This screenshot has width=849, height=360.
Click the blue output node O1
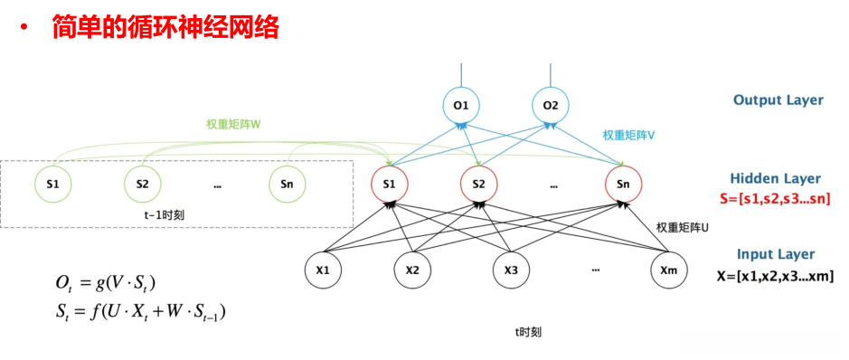coord(462,106)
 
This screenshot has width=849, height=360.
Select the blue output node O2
coord(551,106)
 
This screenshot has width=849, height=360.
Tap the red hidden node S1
coord(390,184)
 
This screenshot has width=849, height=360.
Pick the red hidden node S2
coord(479,184)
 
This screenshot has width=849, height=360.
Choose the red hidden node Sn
coord(624,184)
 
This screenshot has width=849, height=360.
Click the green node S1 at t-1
coord(52,184)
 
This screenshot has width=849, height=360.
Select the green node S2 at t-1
coord(143,184)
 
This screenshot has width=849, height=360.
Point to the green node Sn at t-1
coord(287,184)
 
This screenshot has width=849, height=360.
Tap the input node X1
coord(324,270)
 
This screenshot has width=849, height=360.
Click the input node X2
coord(413,270)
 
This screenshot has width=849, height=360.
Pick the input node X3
coord(511,270)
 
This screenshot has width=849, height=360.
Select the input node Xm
coord(670,270)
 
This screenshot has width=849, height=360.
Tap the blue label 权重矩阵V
coord(628,135)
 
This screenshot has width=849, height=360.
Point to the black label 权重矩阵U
coord(682,227)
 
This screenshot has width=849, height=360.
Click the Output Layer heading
coord(778,100)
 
